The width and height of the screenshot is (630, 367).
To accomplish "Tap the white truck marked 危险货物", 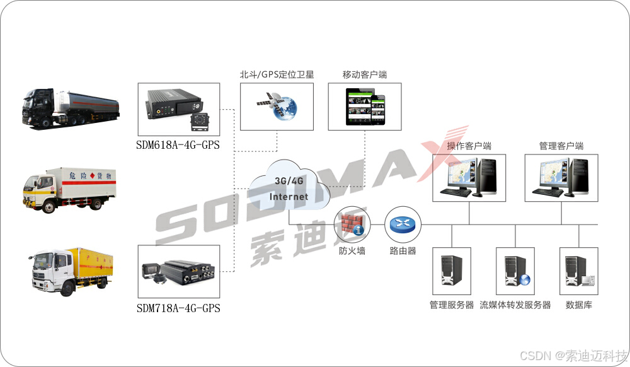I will pos(70,188).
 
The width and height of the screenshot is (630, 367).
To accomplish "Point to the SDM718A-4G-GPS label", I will pos(178,309).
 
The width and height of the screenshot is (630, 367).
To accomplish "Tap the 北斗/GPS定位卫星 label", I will pos(277,74).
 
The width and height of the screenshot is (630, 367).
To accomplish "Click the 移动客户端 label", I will pos(365,74).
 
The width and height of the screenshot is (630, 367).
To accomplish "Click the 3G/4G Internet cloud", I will pos(289,187).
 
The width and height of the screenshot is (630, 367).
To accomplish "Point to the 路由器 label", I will pos(403,250).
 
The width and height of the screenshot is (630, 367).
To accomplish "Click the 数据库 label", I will pos(578,305).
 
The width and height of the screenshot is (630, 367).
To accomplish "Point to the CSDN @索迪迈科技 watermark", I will pos(574,354).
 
